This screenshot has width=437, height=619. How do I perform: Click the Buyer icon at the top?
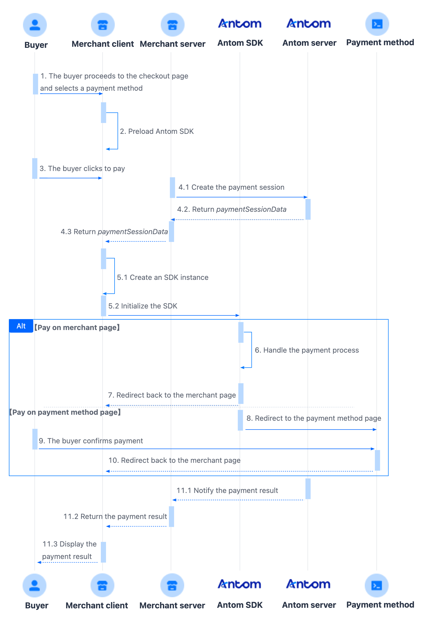pyautogui.click(x=35, y=25)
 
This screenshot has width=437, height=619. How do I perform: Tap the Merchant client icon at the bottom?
pyautogui.click(x=102, y=585)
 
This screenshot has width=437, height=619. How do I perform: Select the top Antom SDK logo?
pyautogui.click(x=240, y=24)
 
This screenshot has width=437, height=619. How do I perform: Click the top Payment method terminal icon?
pyautogui.click(x=377, y=24)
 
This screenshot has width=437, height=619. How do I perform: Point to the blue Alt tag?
pyautogui.click(x=21, y=326)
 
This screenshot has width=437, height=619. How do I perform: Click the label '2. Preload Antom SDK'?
pyautogui.click(x=157, y=131)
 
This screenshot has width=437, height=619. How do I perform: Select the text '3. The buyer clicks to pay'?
pyautogui.click(x=82, y=168)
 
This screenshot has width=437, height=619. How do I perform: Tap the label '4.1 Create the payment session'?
pyautogui.click(x=231, y=187)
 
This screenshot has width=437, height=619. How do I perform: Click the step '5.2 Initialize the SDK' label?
pyautogui.click(x=143, y=306)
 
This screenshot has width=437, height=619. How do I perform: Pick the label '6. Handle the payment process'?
pyautogui.click(x=307, y=350)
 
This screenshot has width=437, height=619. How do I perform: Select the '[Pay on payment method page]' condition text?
pyautogui.click(x=65, y=412)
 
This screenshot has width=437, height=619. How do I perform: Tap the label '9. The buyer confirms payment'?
pyautogui.click(x=91, y=441)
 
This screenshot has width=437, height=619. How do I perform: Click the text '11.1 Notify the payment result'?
pyautogui.click(x=227, y=490)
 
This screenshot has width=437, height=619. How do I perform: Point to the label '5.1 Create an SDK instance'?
pyautogui.click(x=163, y=278)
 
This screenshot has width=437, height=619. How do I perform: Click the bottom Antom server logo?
pyautogui.click(x=308, y=584)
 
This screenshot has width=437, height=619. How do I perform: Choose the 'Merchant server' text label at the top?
pyautogui.click(x=173, y=44)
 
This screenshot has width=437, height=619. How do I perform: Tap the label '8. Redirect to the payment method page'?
pyautogui.click(x=314, y=418)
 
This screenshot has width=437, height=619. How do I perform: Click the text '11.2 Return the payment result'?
pyautogui.click(x=115, y=516)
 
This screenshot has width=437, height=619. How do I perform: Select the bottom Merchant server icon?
pyautogui.click(x=172, y=585)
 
